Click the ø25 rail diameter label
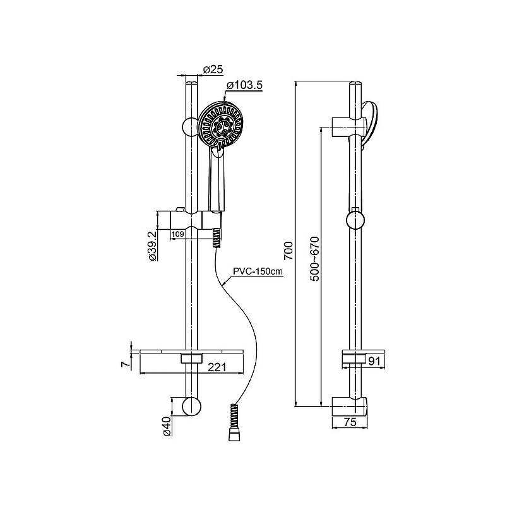213,69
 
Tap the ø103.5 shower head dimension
245,85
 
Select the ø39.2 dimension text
153,246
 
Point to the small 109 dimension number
178,234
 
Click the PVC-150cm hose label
258,271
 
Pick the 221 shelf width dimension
217,367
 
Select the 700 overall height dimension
288,251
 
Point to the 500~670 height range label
315,259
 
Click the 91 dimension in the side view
374,361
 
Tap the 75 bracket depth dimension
350,422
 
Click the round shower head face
220,124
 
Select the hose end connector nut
233,436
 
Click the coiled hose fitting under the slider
217,238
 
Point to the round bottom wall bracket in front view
192,406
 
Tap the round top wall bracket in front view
190,126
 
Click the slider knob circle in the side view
355,220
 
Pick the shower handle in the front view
217,181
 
